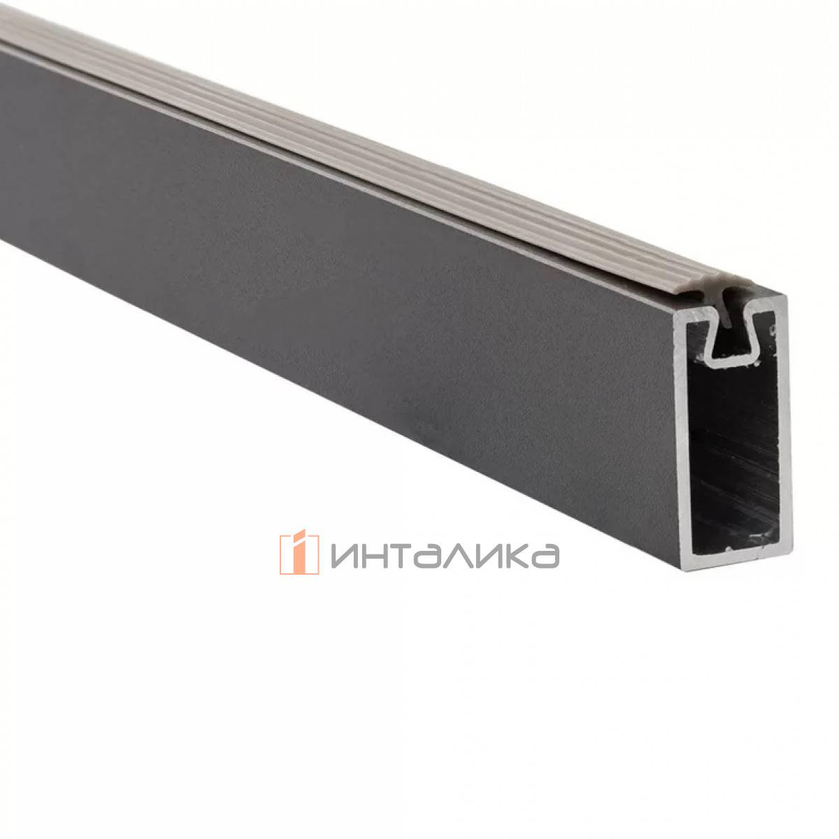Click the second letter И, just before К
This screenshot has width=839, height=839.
click(489, 556)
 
